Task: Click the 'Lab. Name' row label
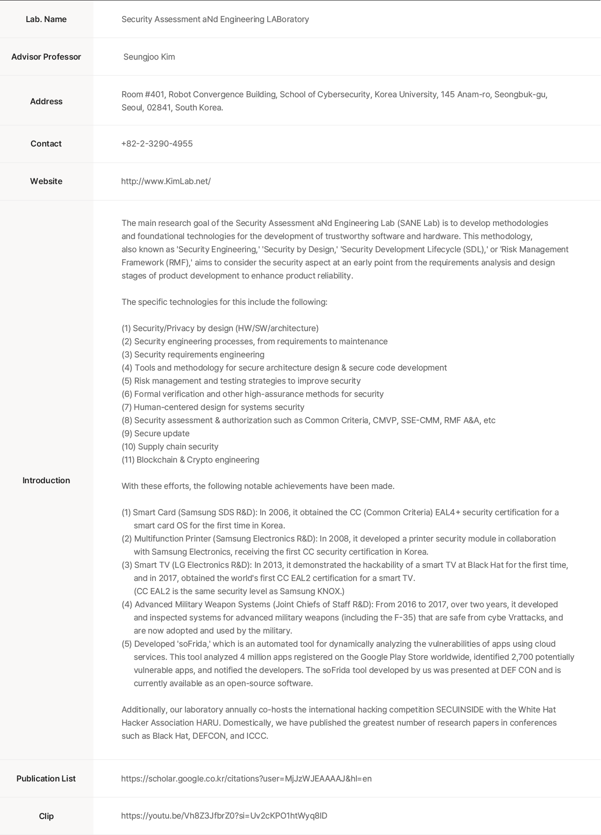click(x=46, y=19)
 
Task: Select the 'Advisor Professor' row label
click(x=46, y=57)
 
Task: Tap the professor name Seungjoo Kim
click(x=149, y=57)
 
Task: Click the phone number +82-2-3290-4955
click(x=157, y=144)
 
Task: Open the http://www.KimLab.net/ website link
click(x=166, y=181)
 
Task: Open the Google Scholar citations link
click(x=246, y=779)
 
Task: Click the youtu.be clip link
click(x=224, y=816)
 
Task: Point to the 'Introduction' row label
click(x=46, y=480)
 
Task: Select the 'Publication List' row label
click(x=46, y=779)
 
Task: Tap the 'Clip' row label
click(x=46, y=816)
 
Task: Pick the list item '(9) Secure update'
click(x=155, y=433)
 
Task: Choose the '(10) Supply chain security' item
click(x=170, y=447)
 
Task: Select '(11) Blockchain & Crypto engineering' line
click(x=190, y=460)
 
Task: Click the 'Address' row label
click(x=46, y=101)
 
